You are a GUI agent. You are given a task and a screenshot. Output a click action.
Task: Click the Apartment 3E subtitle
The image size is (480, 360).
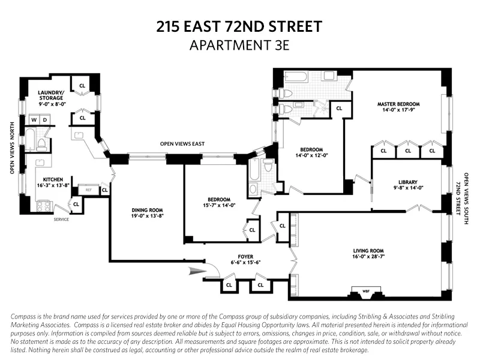pyautogui.click(x=239, y=46)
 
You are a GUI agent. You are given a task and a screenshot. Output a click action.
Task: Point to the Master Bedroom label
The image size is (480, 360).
pyautogui.click(x=398, y=104)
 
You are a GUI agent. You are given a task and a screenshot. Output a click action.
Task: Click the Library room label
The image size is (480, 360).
pyautogui.click(x=407, y=182)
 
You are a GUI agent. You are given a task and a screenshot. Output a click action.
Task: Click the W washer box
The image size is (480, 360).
pyautogui.click(x=34, y=120)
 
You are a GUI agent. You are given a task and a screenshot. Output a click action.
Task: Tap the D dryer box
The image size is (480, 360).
pyautogui.click(x=44, y=120)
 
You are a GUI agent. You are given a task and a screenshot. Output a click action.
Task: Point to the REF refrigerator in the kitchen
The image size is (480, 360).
pyautogui.click(x=88, y=190)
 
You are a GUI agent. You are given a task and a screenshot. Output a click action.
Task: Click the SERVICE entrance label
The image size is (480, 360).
pyautogui.click(x=62, y=219)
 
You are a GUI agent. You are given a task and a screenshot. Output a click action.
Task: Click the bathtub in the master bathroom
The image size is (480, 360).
pyautogui.click(x=297, y=78)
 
